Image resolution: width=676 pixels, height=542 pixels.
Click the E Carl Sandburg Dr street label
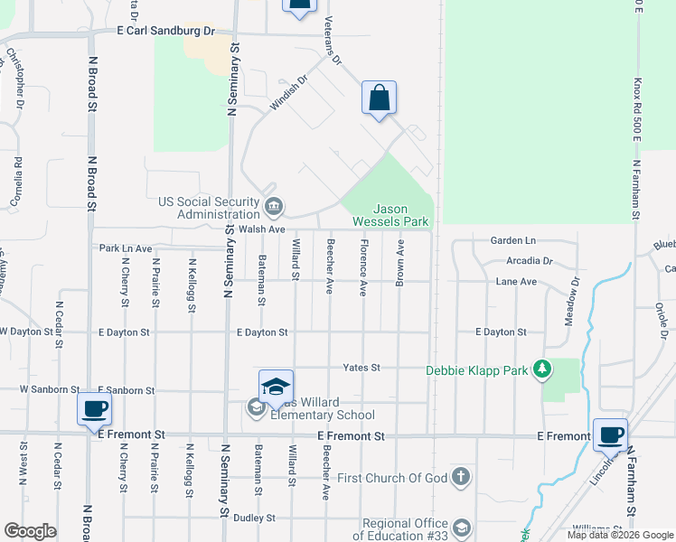coord(166,30)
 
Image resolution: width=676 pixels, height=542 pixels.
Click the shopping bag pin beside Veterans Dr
coord(380,98)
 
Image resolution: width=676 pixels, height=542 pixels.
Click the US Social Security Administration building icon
coord(273,207)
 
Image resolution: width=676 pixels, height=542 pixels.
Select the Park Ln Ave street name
coord(126,248)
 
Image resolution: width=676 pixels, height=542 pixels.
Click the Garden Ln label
coord(512,241)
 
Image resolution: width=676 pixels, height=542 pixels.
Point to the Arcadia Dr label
coord(530,260)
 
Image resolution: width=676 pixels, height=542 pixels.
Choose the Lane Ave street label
coord(516,282)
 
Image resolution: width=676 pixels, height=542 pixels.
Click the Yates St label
coord(361,368)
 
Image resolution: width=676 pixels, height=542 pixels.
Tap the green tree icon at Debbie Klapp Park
coord(541,369)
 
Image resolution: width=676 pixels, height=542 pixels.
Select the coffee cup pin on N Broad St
coord(95,408)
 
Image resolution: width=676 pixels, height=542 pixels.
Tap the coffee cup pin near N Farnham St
coord(610,435)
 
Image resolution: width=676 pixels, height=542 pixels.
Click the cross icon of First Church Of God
coord(461,476)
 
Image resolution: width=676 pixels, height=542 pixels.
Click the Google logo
coord(30,531)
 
